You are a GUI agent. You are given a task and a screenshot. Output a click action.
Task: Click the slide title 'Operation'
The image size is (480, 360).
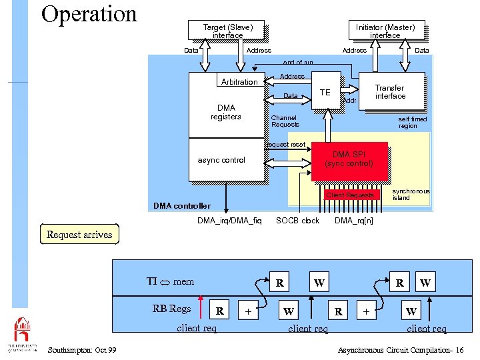pyautogui.click(x=89, y=14)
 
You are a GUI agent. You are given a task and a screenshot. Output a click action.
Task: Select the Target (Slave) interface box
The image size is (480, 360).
pyautogui.click(x=228, y=31)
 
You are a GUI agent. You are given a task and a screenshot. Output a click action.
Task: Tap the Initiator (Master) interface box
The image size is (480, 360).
pyautogui.click(x=385, y=31)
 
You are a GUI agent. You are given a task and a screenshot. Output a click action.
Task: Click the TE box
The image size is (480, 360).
pyautogui.click(x=325, y=91)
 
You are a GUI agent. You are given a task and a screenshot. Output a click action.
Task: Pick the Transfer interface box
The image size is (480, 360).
pyautogui.click(x=390, y=91)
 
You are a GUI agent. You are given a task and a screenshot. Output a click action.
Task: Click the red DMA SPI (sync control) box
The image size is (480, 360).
pyautogui.click(x=349, y=159)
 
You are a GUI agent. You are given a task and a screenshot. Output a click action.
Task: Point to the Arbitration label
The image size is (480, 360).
pyautogui.click(x=239, y=82)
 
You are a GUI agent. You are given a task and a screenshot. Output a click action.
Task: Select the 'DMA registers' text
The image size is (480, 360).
pyautogui.click(x=226, y=112)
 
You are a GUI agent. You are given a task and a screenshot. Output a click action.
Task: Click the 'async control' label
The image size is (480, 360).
pyautogui.click(x=222, y=160)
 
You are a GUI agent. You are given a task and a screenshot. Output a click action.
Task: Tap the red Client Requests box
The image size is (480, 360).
pyautogui.click(x=350, y=195)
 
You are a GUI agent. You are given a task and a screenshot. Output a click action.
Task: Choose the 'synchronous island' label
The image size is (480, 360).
pyautogui.click(x=411, y=194)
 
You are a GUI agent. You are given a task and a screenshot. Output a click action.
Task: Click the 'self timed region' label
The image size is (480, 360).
pyautogui.click(x=412, y=123)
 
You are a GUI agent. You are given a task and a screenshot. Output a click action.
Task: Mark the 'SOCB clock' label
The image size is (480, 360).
pyautogui.click(x=297, y=221)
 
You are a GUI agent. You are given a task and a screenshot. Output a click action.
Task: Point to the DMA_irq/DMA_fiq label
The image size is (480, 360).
pyautogui.click(x=230, y=221)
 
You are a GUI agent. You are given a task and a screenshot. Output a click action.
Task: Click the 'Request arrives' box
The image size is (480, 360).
pyautogui.click(x=79, y=235)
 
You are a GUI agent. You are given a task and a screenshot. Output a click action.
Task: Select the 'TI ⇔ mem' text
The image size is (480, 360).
pyautogui.click(x=170, y=281)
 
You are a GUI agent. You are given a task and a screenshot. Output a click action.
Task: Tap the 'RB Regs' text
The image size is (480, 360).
pyautogui.click(x=171, y=308)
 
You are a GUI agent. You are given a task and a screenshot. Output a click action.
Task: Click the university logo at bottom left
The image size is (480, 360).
pyautogui.click(x=22, y=333)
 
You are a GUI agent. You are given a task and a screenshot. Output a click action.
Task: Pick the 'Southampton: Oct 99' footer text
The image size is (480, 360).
pyautogui.click(x=83, y=350)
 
